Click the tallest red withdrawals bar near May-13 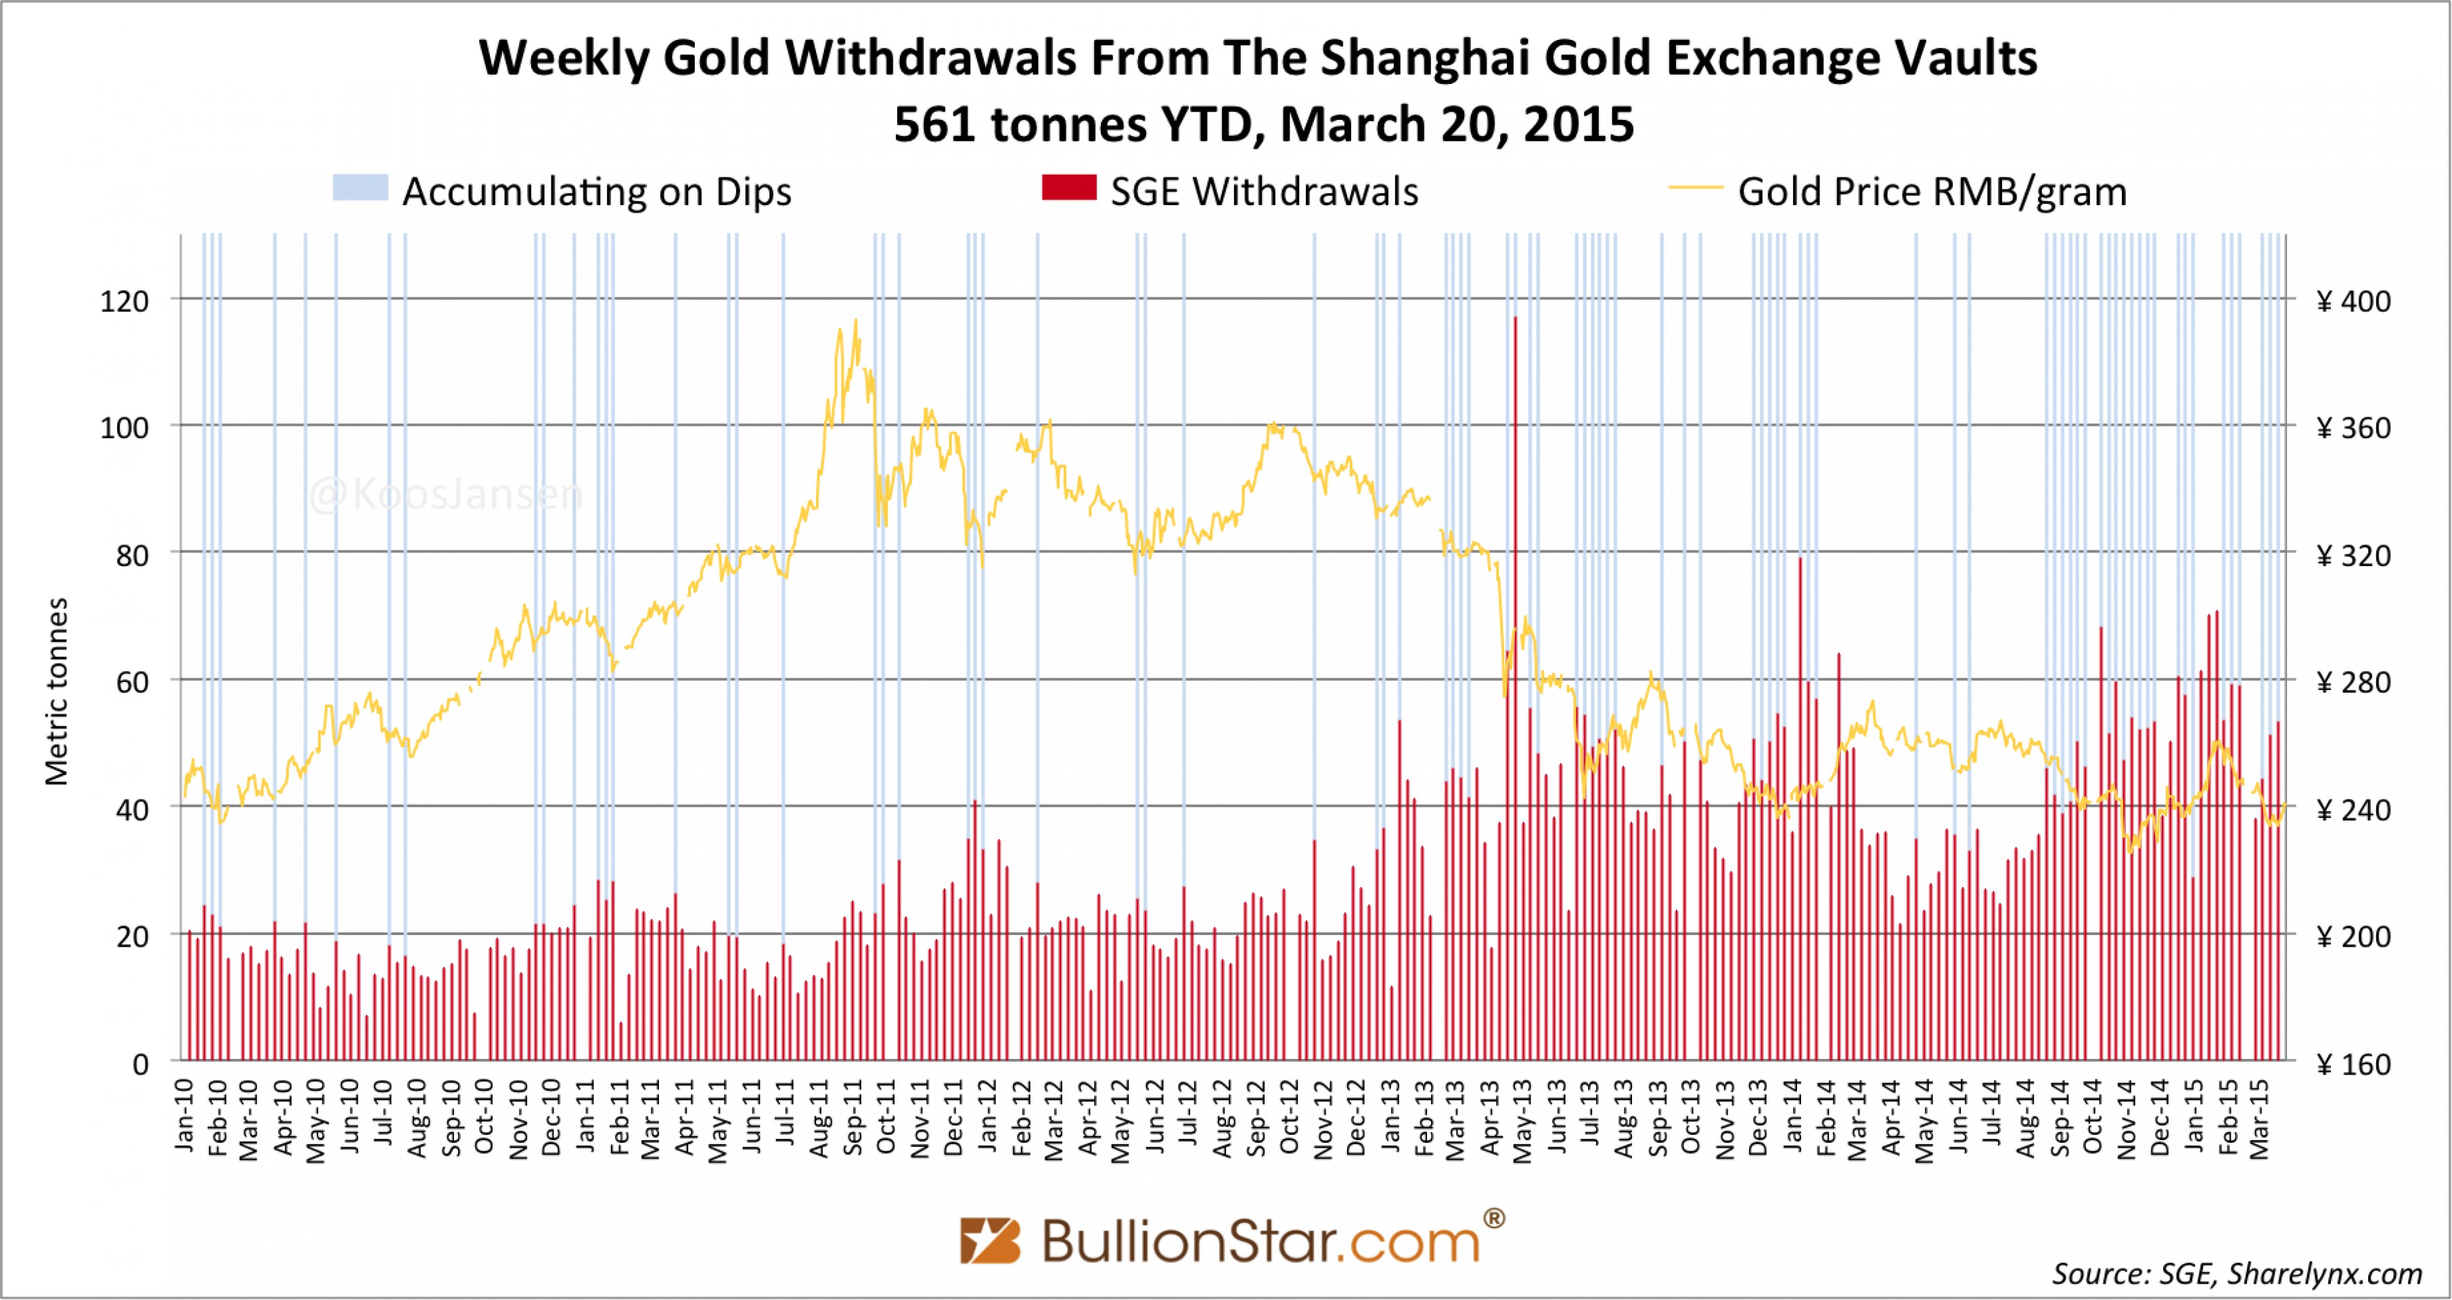click(x=1514, y=667)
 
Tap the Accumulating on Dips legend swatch click(x=360, y=188)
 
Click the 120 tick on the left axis click(x=124, y=301)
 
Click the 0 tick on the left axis click(x=140, y=1064)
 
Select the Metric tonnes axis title click(x=57, y=691)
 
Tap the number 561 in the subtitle click(x=934, y=124)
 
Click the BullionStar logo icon click(x=989, y=1240)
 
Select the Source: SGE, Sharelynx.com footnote click(x=2236, y=1274)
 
